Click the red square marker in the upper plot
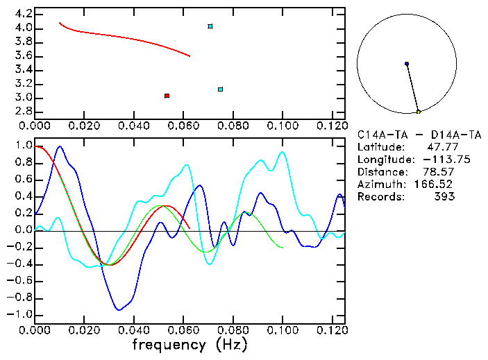pos(167,96)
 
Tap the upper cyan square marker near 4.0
pos(210,26)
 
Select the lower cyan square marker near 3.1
pos(220,89)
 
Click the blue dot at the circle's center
pos(407,64)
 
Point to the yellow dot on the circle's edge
pos(418,112)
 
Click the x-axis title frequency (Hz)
pos(190,344)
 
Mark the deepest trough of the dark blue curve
pos(119,309)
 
